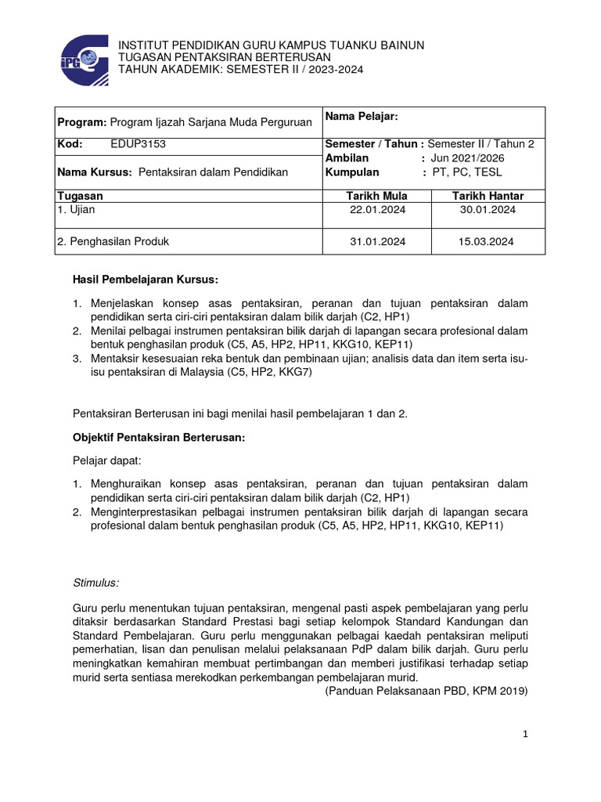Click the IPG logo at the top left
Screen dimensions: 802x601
84,56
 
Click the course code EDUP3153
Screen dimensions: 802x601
139,144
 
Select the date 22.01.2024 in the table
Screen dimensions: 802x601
377,210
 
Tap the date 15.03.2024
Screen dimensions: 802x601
486,242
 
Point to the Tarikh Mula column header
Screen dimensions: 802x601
377,196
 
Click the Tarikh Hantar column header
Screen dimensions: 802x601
488,196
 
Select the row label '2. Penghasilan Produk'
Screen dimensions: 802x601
113,242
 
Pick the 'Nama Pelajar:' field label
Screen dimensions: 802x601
362,117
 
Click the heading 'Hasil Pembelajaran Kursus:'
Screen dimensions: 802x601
146,280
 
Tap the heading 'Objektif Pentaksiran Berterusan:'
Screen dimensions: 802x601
159,439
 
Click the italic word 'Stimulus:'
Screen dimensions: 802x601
95,583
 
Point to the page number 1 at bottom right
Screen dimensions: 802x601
527,734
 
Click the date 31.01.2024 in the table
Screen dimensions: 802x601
377,242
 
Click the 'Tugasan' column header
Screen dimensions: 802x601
81,196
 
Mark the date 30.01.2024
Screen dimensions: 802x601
486,210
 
